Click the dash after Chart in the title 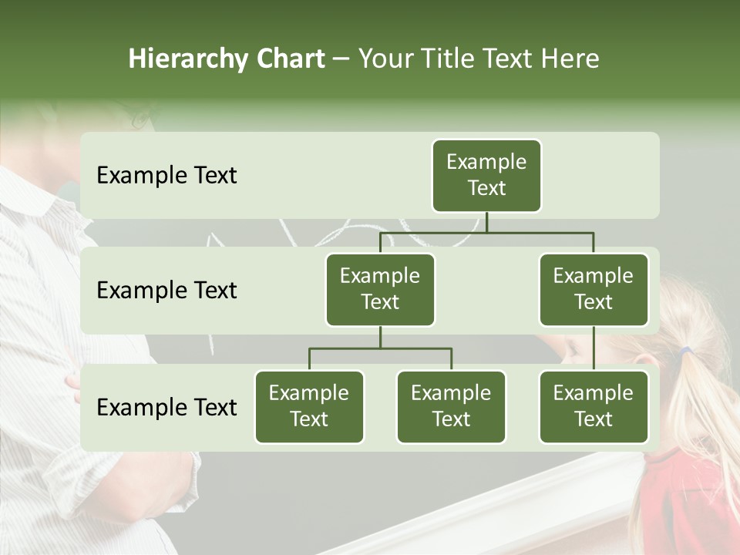pos(341,59)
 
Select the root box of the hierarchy pos(486,175)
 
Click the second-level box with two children pos(380,289)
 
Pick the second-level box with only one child pos(594,289)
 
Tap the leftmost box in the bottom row pos(309,406)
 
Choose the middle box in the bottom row pos(451,406)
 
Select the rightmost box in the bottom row pos(594,406)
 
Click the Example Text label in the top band pos(166,175)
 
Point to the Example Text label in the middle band pos(166,290)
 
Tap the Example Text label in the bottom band pos(166,407)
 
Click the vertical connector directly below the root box pos(486,222)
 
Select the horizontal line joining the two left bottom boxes pos(380,348)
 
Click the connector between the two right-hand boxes pos(594,348)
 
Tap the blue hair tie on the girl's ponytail pos(684,351)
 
